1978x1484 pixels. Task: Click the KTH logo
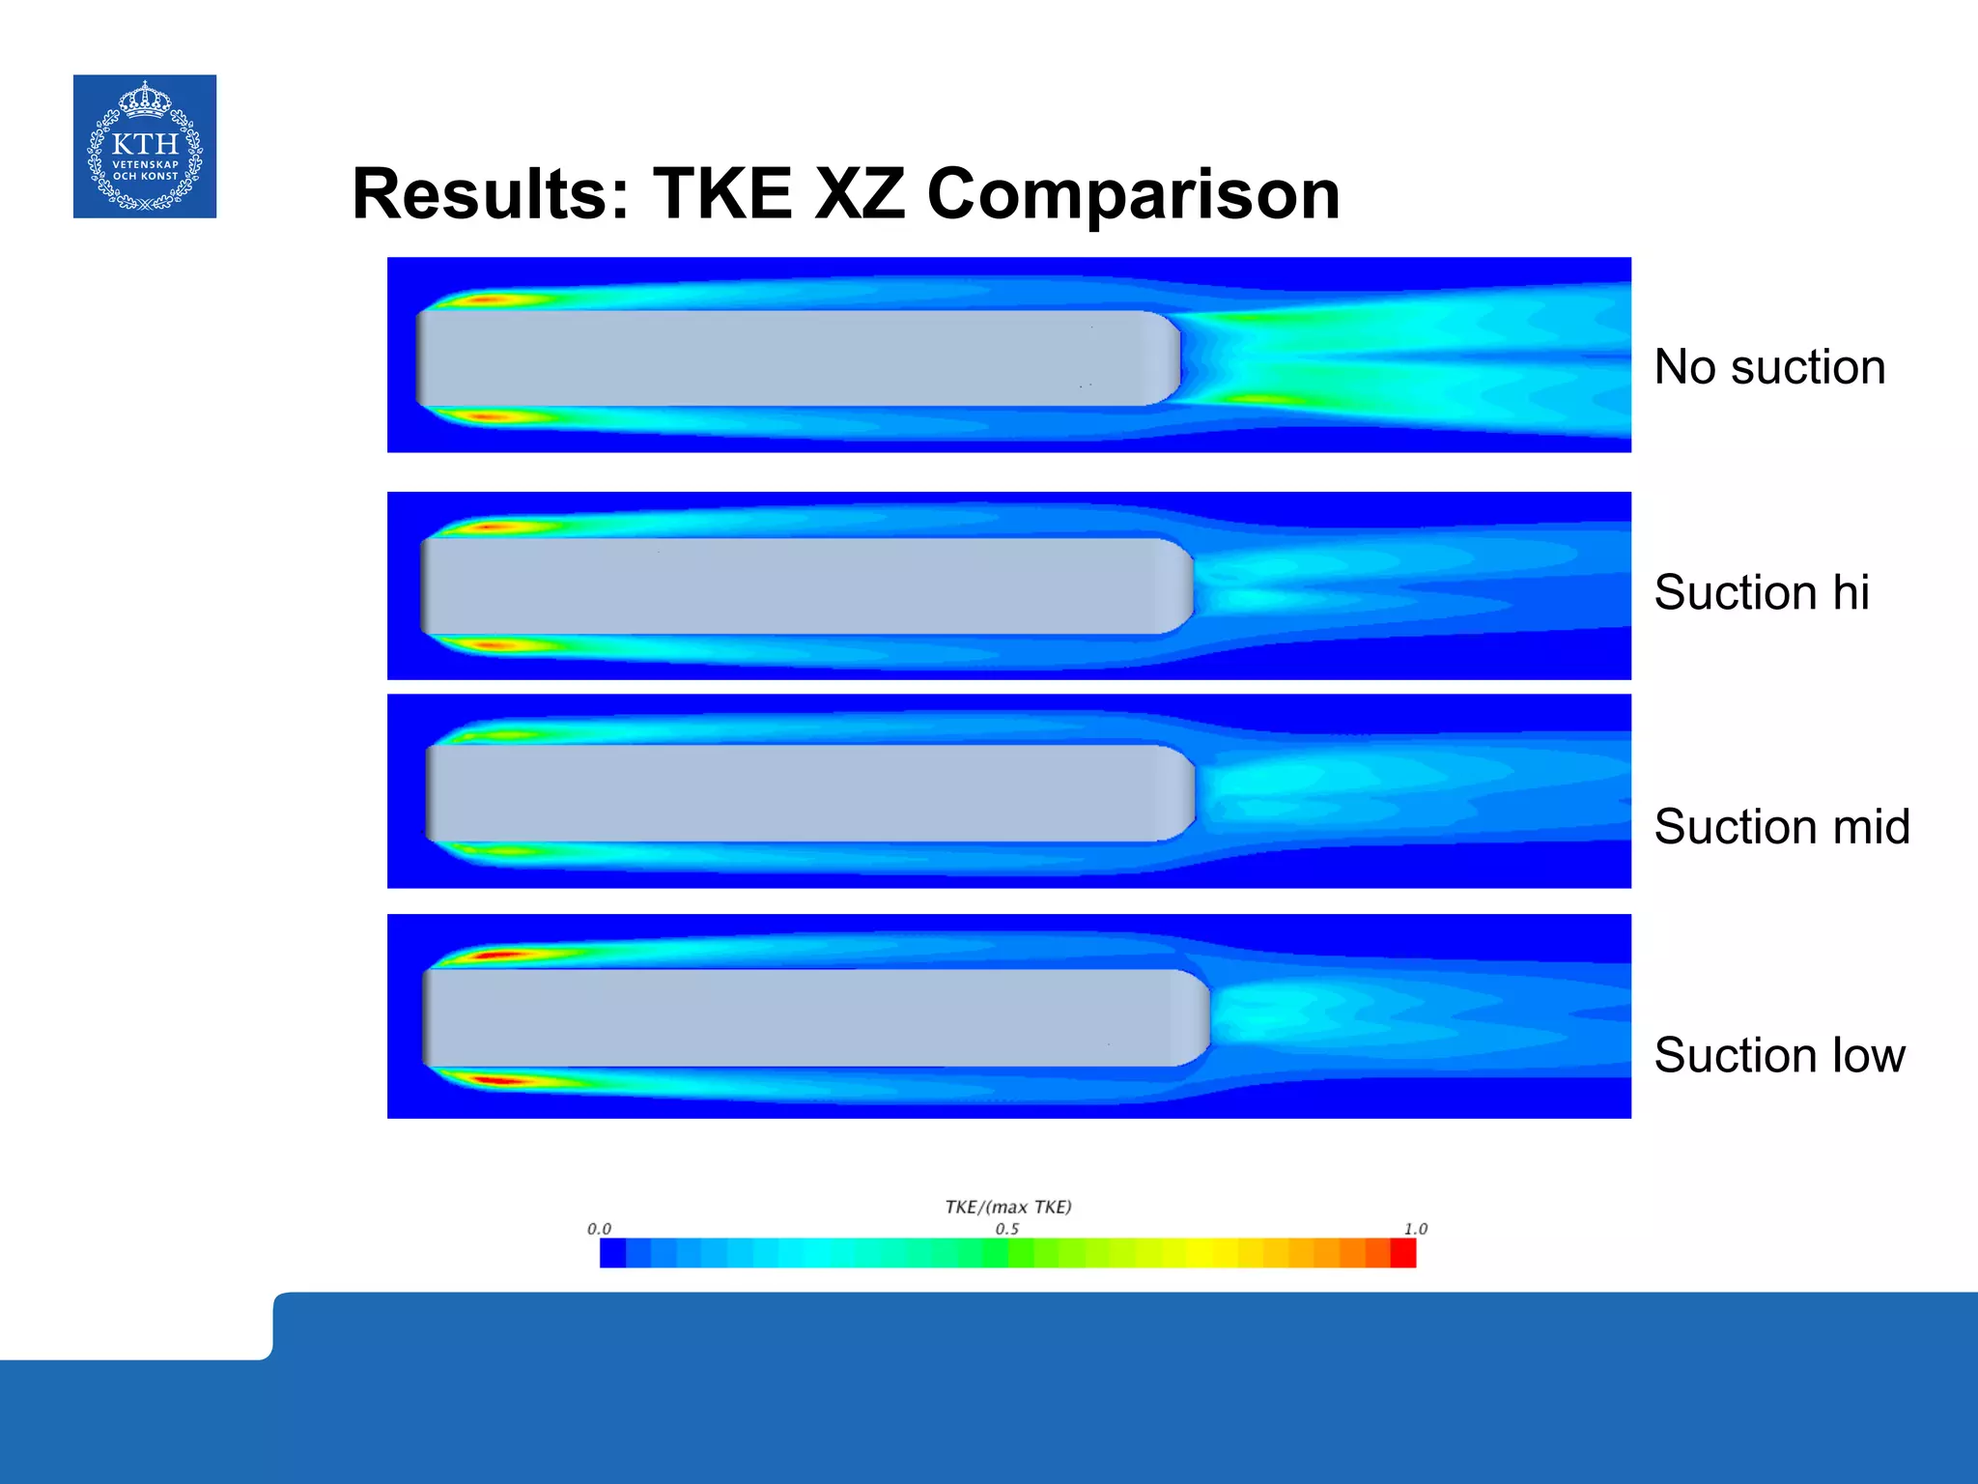[145, 146]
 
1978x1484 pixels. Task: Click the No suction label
[1769, 367]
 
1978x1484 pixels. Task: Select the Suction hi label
[1762, 592]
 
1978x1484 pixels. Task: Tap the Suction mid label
[1782, 827]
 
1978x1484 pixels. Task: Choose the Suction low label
[1779, 1055]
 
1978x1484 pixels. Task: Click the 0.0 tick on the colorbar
[599, 1229]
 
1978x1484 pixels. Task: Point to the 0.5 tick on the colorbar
[1007, 1229]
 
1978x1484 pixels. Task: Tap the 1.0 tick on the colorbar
[1415, 1229]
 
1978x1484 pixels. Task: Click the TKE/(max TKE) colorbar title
[1008, 1207]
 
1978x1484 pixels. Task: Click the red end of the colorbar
[1402, 1253]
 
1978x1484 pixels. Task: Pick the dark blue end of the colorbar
[612, 1253]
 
